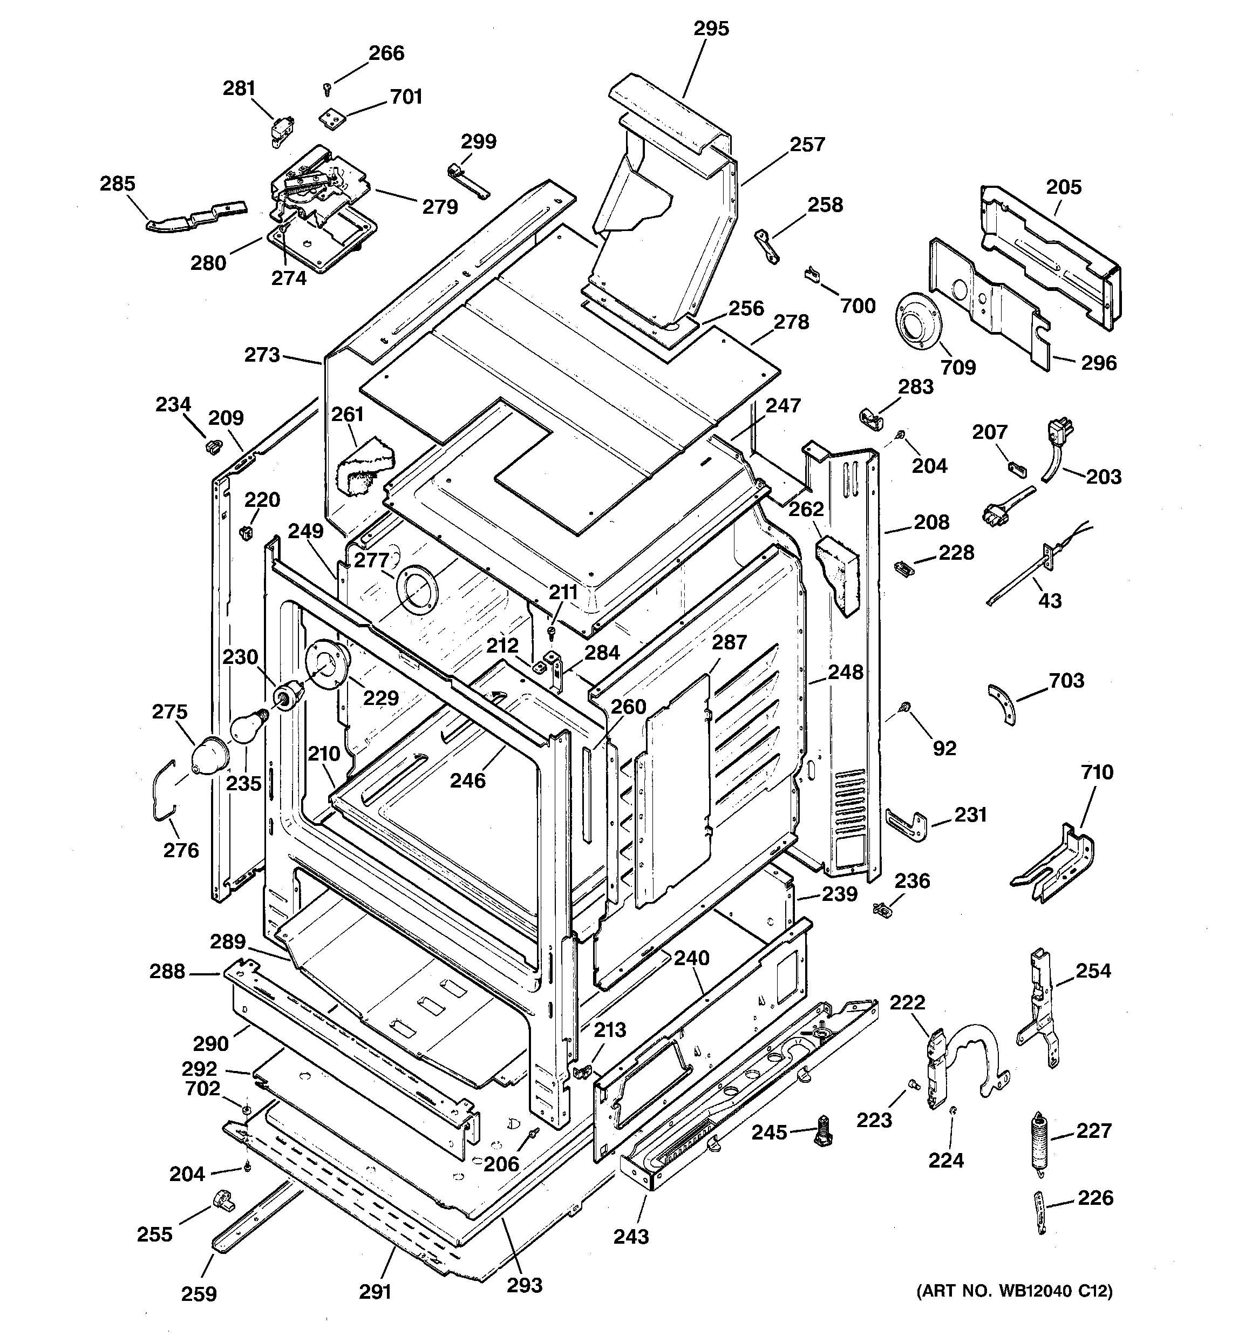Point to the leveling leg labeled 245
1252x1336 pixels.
point(823,1132)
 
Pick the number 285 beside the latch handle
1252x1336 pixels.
point(118,184)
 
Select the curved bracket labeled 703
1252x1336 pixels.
point(1002,703)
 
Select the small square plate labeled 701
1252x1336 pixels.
point(330,118)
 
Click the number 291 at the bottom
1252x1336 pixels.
point(375,1292)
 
